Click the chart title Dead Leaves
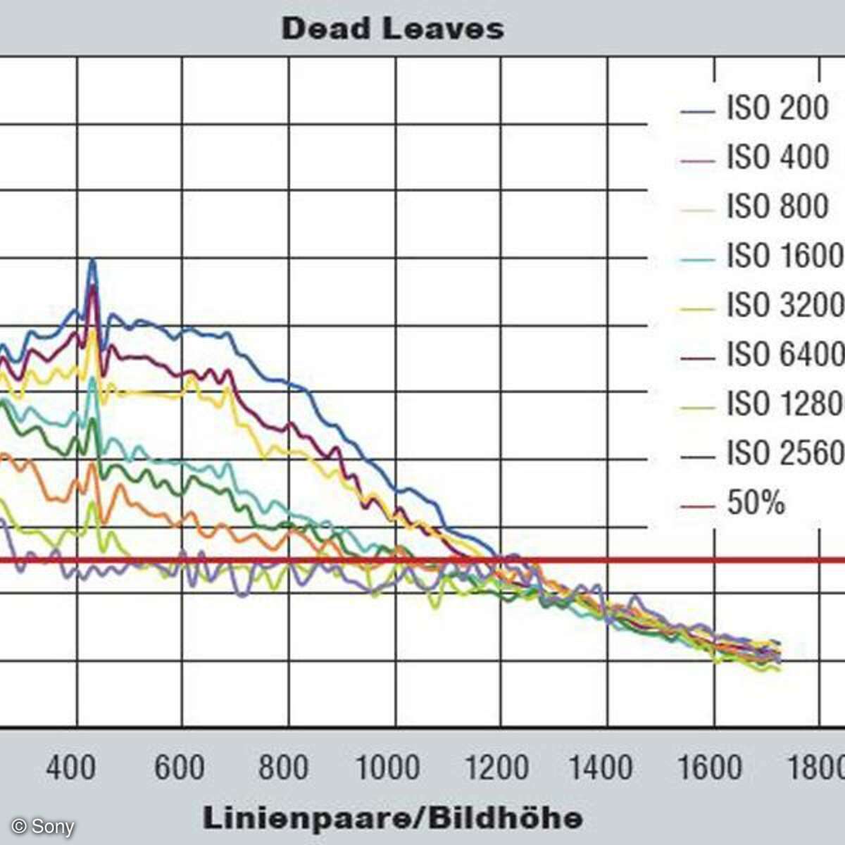pyautogui.click(x=392, y=29)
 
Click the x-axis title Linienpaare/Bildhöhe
pyautogui.click(x=393, y=818)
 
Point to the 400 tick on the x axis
pyautogui.click(x=71, y=767)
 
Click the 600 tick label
pyautogui.click(x=179, y=767)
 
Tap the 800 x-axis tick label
pyautogui.click(x=283, y=767)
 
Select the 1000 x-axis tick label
pyautogui.click(x=388, y=767)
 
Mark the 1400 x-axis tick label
pyautogui.click(x=601, y=767)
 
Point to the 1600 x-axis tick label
pyautogui.click(x=710, y=767)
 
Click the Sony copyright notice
pyautogui.click(x=43, y=826)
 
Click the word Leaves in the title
pyautogui.click(x=444, y=29)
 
